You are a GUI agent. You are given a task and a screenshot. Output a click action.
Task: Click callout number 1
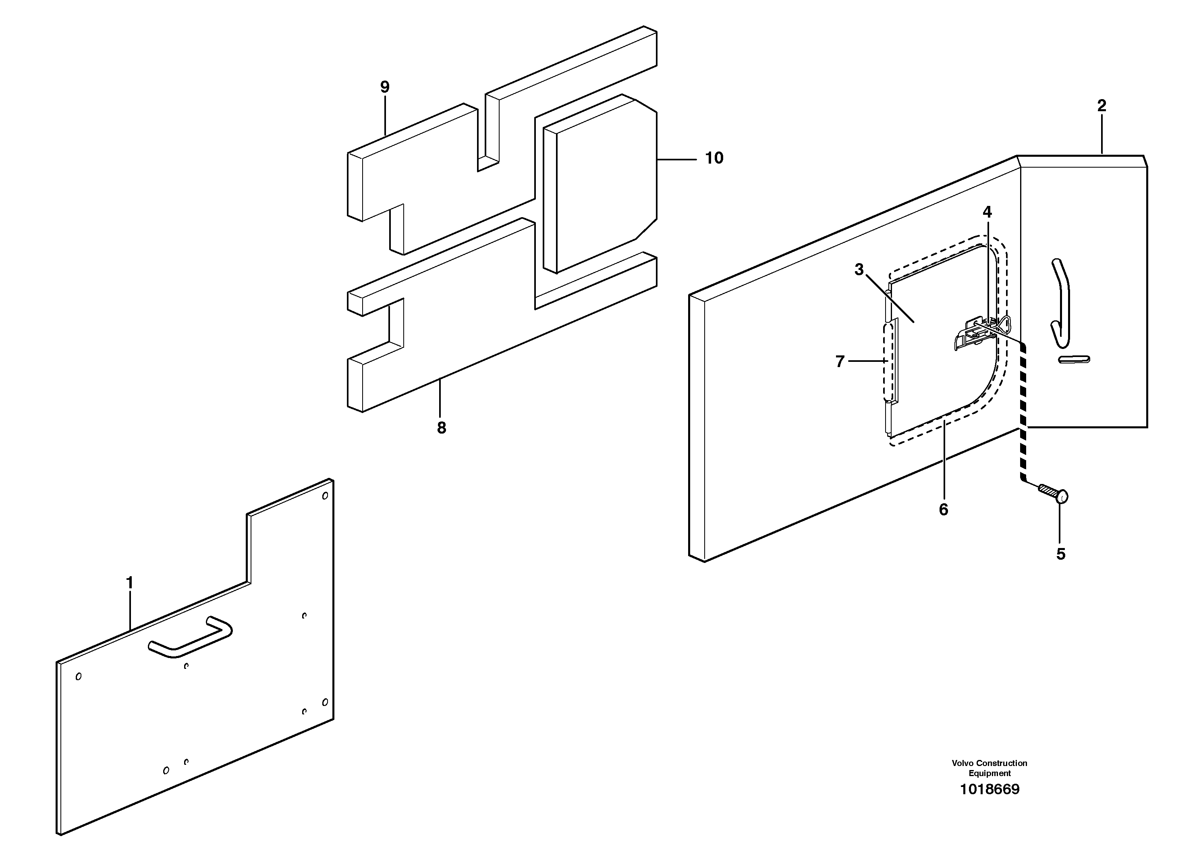coord(129,582)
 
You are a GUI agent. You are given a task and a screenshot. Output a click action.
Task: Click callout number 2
coord(1102,106)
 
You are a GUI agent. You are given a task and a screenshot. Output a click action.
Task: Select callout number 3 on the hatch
coord(859,270)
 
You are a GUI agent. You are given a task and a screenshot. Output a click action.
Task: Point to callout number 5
coord(1061,554)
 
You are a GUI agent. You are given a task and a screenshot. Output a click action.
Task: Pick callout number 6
coord(943,510)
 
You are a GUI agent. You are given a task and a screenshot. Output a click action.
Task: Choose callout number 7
coord(840,361)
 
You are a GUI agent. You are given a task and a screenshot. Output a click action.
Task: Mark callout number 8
coord(441,428)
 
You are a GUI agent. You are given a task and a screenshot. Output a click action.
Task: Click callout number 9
coord(385,87)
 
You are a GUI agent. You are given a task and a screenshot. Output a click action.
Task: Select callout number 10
coord(714,158)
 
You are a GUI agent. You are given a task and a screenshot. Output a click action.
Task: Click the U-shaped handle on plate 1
coord(191,637)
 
